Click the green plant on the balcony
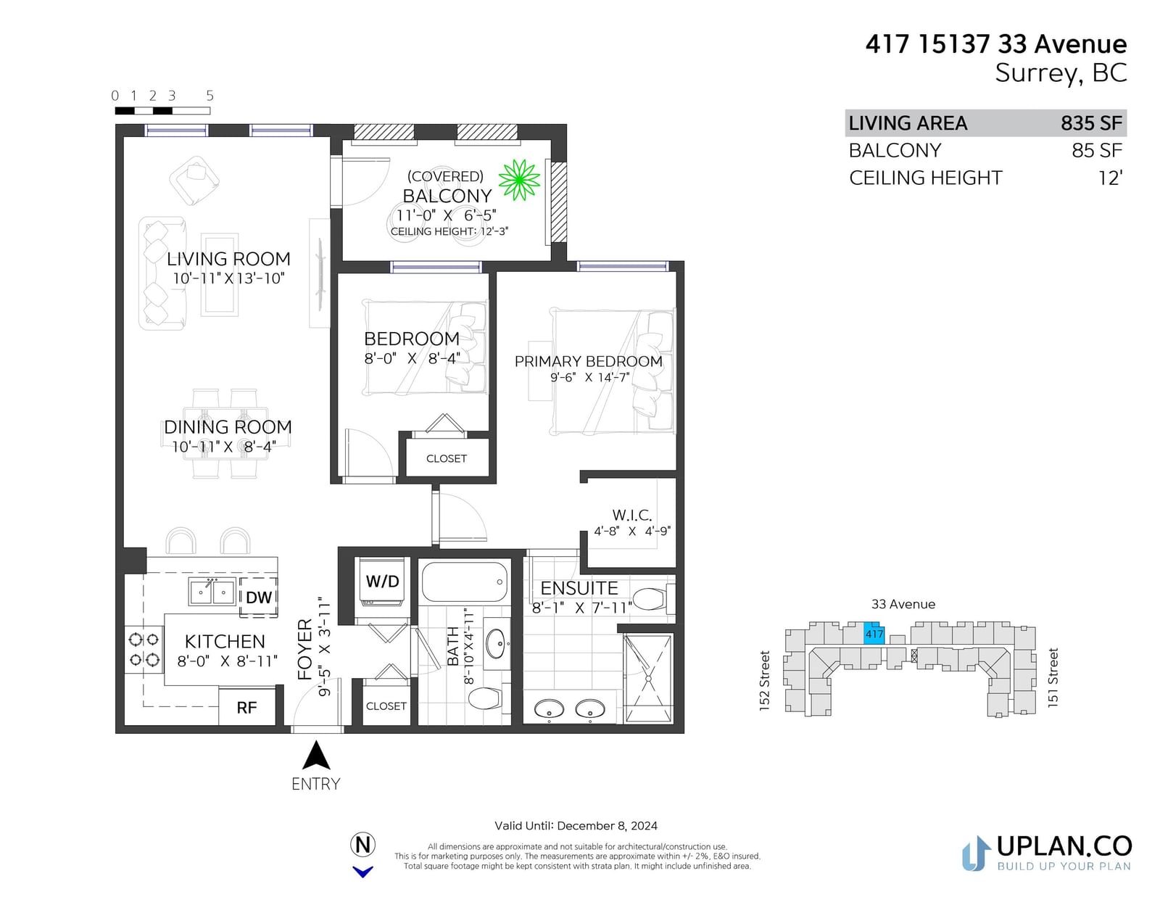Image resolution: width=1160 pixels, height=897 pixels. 519,180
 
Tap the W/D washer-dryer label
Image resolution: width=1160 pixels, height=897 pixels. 382,581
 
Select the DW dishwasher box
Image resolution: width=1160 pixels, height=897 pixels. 258,597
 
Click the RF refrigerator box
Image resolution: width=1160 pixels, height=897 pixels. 246,707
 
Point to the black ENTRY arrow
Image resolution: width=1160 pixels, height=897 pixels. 317,755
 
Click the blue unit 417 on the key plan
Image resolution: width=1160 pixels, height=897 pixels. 874,633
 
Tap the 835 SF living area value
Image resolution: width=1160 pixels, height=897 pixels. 1091,123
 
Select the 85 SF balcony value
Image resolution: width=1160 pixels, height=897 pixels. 1097,151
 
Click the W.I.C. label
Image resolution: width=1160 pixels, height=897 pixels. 632,516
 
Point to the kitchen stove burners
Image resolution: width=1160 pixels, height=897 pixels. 144,649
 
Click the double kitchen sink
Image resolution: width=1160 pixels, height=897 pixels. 212,592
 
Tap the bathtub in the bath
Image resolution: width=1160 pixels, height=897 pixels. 465,582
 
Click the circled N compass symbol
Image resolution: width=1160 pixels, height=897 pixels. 362,845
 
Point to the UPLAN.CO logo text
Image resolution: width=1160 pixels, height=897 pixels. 1064,846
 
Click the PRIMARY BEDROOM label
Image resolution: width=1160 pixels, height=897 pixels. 588,361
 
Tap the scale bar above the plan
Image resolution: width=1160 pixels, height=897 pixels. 162,111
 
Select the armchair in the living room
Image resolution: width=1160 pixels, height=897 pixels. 194,180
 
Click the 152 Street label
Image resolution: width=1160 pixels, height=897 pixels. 764,681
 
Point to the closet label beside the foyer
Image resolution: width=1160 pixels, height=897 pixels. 386,706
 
